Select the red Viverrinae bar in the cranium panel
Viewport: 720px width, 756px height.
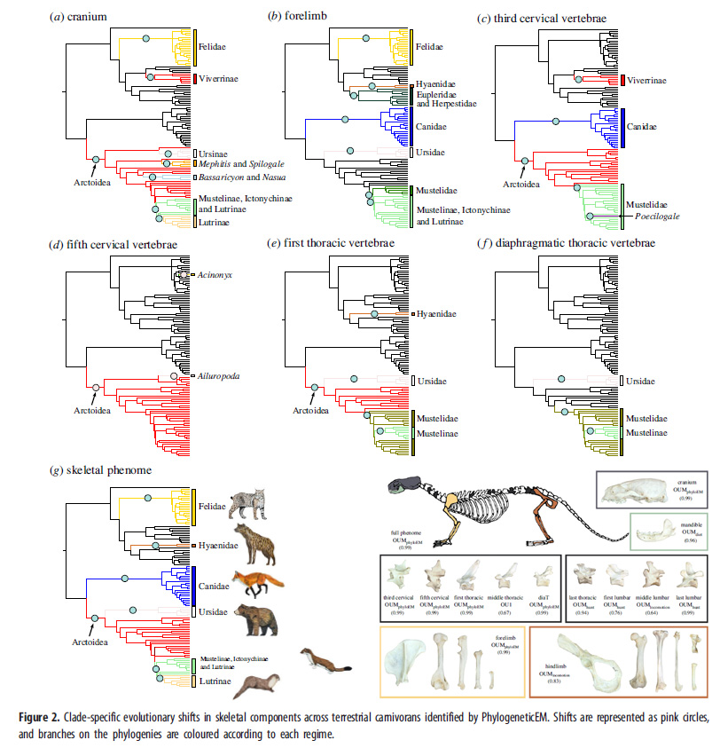(x=194, y=80)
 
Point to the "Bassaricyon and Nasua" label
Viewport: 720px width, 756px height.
(x=235, y=178)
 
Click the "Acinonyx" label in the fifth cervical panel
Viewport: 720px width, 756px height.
(x=215, y=276)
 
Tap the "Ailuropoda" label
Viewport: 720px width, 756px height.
(x=218, y=377)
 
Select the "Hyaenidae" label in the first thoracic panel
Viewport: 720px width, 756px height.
(x=437, y=314)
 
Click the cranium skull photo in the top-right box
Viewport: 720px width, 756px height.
(x=631, y=488)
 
